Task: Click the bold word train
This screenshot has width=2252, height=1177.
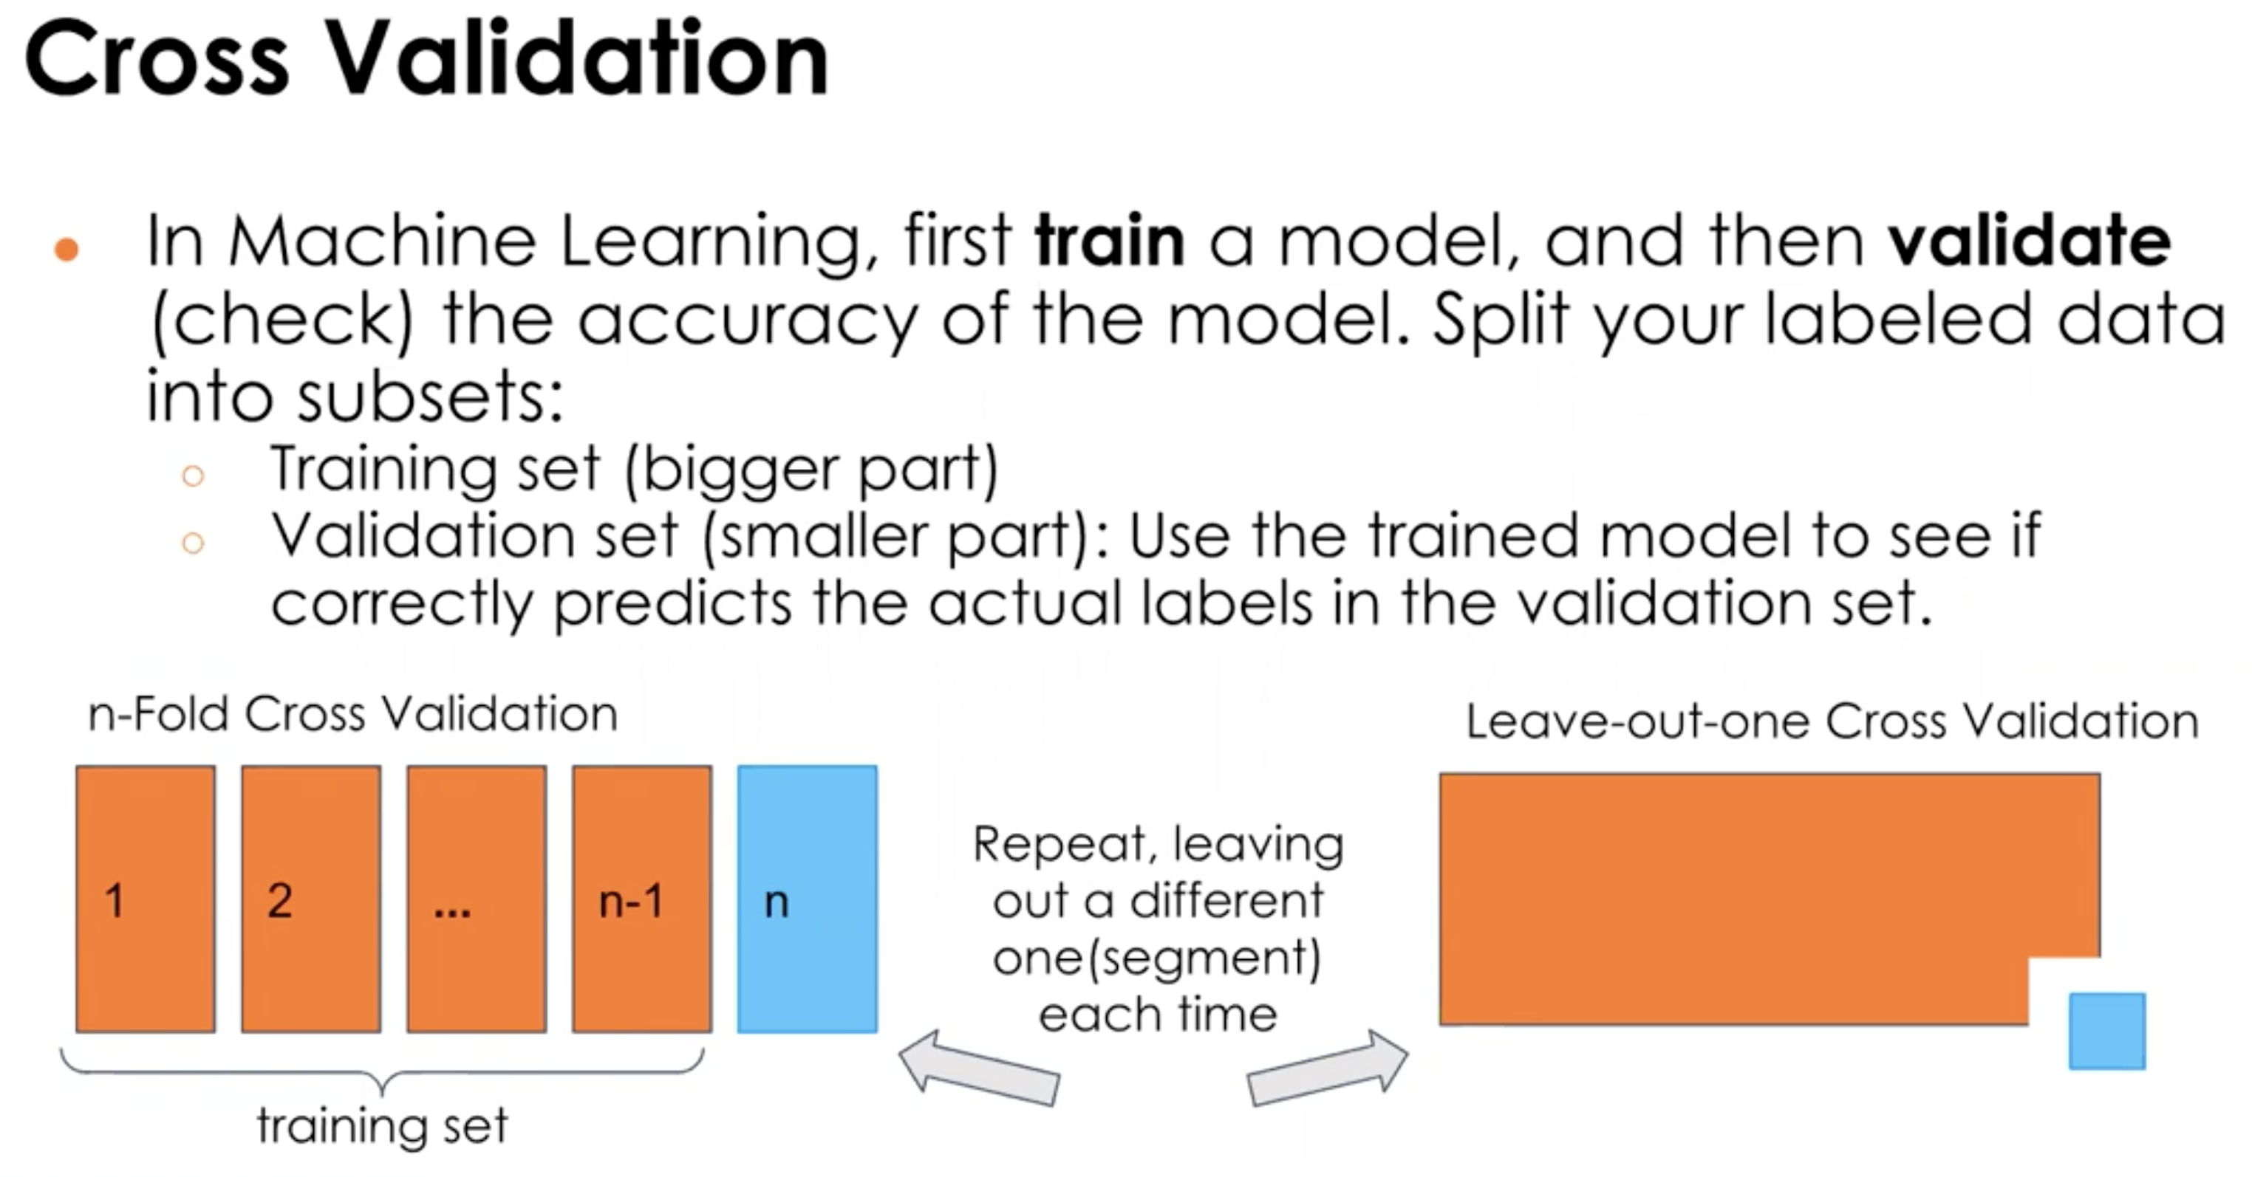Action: pyautogui.click(x=1108, y=240)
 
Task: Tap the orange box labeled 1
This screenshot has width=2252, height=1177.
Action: pyautogui.click(x=145, y=899)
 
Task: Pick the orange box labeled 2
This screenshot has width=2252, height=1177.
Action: pyautogui.click(x=311, y=899)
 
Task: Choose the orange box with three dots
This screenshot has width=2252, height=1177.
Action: pyautogui.click(x=477, y=899)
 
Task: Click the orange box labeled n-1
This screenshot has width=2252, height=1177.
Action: pyautogui.click(x=641, y=899)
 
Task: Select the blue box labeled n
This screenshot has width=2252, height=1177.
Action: pyautogui.click(x=807, y=899)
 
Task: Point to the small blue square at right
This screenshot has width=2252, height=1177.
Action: pyautogui.click(x=2107, y=1031)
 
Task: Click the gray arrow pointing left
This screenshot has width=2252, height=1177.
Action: pyautogui.click(x=979, y=1068)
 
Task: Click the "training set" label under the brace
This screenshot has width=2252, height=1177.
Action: pyautogui.click(x=382, y=1125)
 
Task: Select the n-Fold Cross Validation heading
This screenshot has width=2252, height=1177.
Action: pyautogui.click(x=353, y=715)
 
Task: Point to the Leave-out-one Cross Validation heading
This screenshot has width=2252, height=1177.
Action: pyautogui.click(x=1832, y=721)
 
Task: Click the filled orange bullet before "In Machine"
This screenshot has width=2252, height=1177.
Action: pyautogui.click(x=66, y=249)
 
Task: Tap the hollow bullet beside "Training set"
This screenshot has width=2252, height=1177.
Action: pyautogui.click(x=193, y=476)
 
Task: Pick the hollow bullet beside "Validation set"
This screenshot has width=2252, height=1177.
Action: pyautogui.click(x=193, y=543)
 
